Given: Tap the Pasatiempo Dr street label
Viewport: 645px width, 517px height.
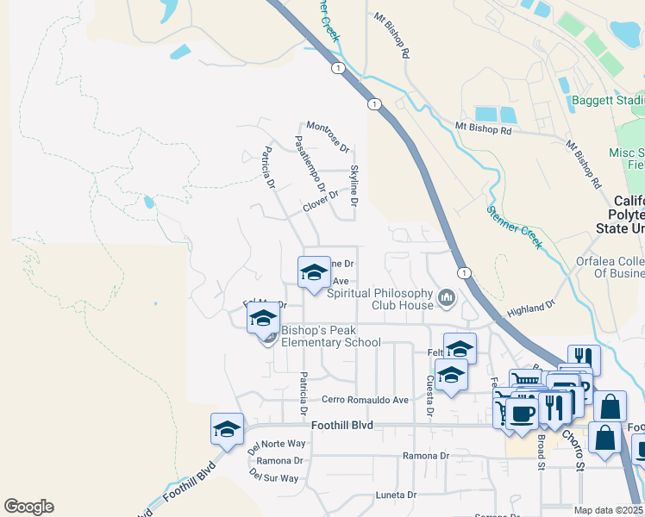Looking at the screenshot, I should (310, 163).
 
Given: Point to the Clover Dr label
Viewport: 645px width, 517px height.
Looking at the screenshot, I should (321, 208).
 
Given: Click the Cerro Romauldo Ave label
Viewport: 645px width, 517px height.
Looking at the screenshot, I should (365, 400).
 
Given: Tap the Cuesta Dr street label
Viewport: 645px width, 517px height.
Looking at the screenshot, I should (429, 396).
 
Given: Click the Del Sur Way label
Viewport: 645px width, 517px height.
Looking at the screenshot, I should (273, 477).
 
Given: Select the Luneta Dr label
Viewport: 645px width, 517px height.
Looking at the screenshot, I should (396, 495).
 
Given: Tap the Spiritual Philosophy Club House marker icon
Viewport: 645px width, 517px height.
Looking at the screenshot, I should (446, 298).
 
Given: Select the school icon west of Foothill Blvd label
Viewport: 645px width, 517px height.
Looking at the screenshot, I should (227, 428).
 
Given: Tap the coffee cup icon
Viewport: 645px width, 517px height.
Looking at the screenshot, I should (522, 413).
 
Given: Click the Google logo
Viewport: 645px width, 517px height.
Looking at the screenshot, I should (28, 507).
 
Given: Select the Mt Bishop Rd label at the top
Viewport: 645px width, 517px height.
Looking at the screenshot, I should (392, 35).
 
